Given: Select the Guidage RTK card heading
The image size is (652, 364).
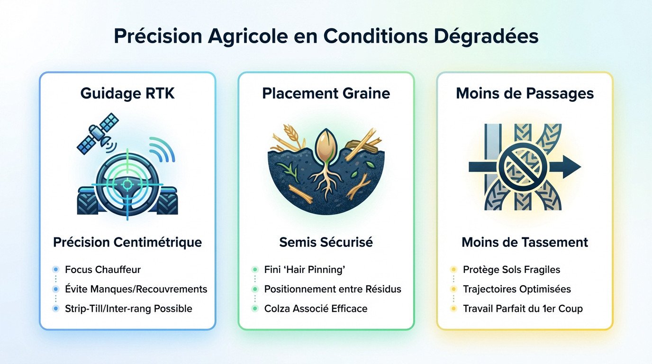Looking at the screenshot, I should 127,93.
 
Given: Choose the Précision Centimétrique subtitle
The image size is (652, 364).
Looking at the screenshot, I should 127,243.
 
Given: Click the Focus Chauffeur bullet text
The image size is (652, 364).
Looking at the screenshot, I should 103,270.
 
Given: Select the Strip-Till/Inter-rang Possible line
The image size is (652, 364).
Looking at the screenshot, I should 128,309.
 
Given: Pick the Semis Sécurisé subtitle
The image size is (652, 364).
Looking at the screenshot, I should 326,243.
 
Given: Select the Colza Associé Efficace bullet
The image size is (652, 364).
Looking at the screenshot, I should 316,309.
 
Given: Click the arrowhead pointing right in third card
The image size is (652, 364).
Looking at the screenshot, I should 571,167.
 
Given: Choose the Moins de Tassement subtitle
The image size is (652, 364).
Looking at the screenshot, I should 525,243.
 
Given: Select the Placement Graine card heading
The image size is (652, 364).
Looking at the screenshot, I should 326,93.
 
